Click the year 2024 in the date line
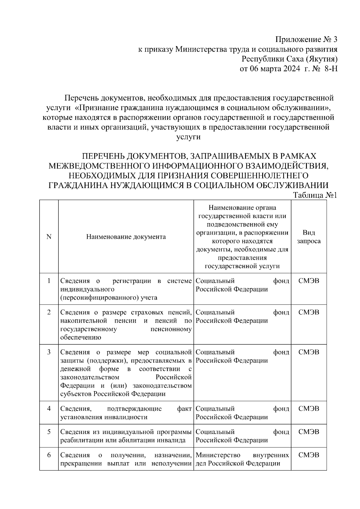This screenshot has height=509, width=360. [x=291, y=69]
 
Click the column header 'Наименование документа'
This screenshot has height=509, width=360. [x=126, y=237]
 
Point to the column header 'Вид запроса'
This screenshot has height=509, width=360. [x=309, y=237]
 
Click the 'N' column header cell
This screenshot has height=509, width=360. [x=49, y=237]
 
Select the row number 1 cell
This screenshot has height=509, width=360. [x=49, y=281]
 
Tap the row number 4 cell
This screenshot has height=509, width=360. [x=49, y=409]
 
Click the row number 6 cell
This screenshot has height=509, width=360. [x=49, y=455]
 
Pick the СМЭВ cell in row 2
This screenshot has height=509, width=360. [x=309, y=312]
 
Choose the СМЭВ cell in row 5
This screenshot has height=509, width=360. [x=309, y=432]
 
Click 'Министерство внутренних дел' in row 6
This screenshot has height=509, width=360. [x=242, y=459]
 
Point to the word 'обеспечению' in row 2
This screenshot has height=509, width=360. [x=80, y=337]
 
